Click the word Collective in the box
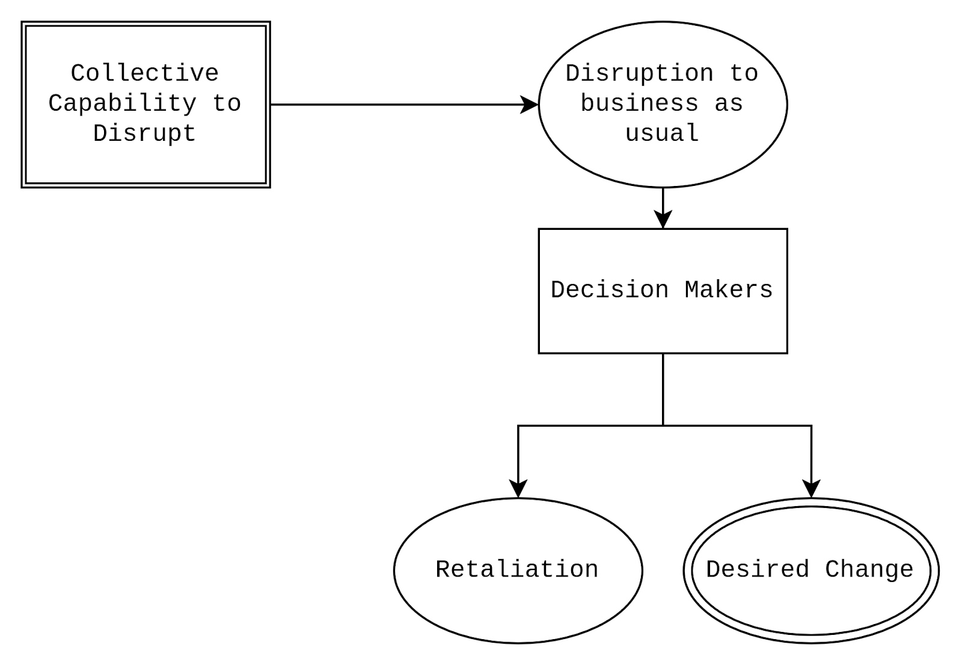click(x=144, y=73)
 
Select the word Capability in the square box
click(x=122, y=104)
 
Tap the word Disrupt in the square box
click(x=144, y=134)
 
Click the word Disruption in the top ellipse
click(x=639, y=73)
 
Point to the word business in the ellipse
click(x=639, y=104)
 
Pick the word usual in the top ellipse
click(x=662, y=134)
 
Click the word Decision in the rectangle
click(x=610, y=290)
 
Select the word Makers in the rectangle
click(x=728, y=290)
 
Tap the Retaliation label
click(x=517, y=569)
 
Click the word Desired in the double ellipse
click(x=758, y=569)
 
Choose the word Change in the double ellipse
click(x=869, y=569)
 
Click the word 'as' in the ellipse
click(x=729, y=104)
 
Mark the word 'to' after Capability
click(x=227, y=104)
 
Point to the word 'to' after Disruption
click(x=744, y=73)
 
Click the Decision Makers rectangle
click(x=663, y=325)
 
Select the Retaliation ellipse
click(x=518, y=608)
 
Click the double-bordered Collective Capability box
click(x=146, y=162)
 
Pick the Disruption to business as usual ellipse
click(x=663, y=162)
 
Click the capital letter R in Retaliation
click(x=442, y=569)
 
